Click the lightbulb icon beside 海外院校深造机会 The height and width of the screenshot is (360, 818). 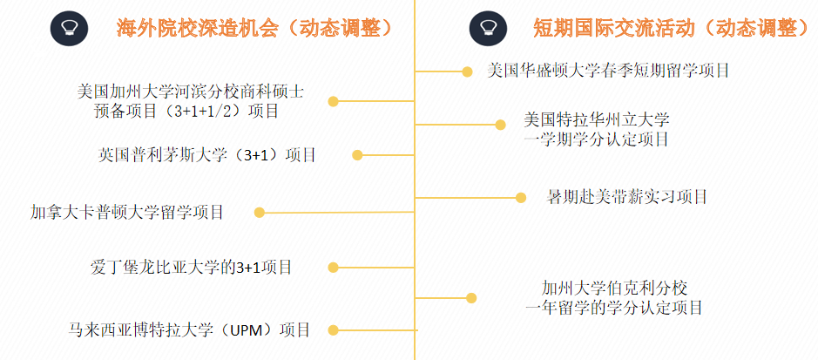pos(69,28)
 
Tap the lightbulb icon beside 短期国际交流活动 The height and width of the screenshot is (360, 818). pos(488,28)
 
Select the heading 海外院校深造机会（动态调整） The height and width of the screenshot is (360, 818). pos(254,28)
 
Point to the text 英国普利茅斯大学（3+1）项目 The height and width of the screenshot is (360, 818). pos(207,155)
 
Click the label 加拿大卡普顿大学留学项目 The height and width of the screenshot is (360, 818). pos(127,212)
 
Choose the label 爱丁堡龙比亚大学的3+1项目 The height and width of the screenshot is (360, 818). pos(191,267)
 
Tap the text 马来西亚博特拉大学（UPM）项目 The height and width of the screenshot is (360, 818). pos(189,329)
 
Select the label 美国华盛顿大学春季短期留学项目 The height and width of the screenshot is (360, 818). pos(608,70)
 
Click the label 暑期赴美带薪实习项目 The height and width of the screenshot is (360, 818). pos(626,197)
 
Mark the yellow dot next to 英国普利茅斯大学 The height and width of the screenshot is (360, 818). pos(357,155)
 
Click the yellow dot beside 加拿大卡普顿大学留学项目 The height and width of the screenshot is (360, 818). pos(259,212)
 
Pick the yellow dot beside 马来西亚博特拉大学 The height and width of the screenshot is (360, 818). pos(332,329)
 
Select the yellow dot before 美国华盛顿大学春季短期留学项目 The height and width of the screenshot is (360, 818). pos(467,70)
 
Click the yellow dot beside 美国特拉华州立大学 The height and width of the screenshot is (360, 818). pos(500,125)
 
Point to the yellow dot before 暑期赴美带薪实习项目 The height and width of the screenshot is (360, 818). pos(521,197)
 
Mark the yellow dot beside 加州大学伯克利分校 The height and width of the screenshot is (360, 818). pos(471,297)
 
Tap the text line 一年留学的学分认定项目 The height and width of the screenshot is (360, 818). pos(614,308)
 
